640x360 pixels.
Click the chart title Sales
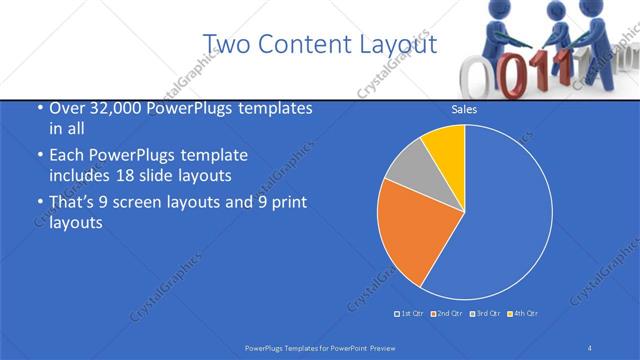[464, 109]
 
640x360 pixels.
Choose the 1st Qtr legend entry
[410, 314]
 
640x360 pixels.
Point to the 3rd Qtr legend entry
[484, 314]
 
